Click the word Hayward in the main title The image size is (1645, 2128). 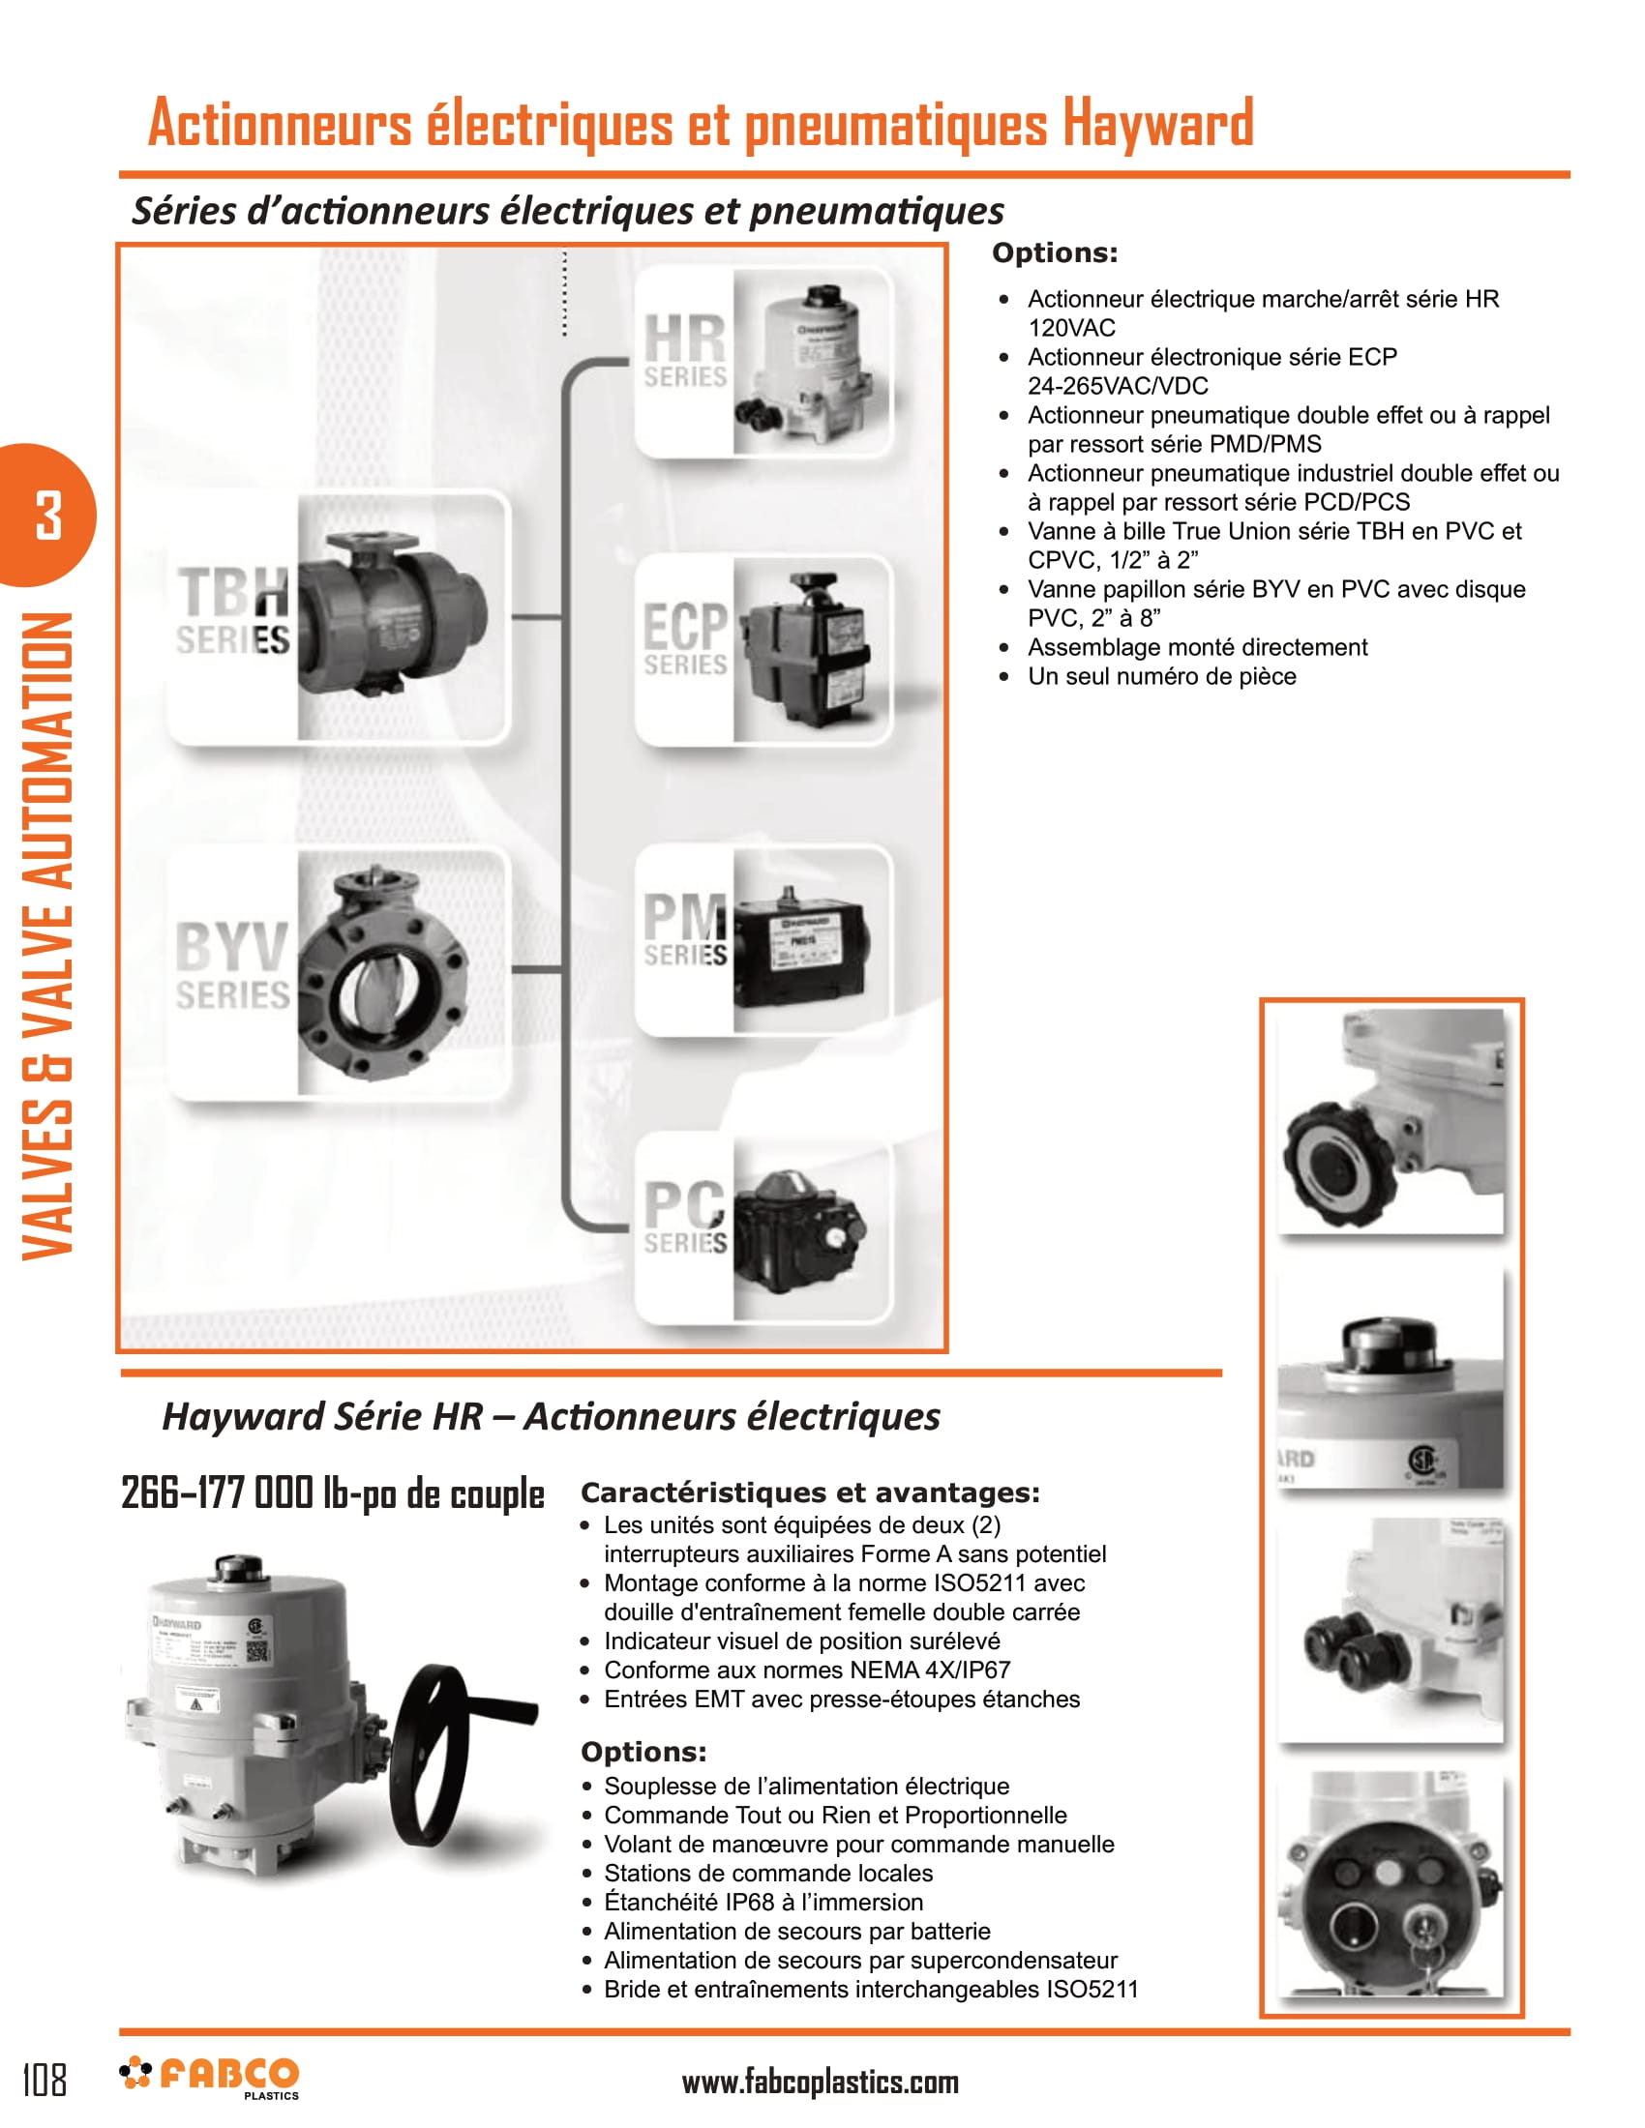tap(1156, 124)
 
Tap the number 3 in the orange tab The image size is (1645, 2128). tap(47, 516)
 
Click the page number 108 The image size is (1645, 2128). tap(45, 2080)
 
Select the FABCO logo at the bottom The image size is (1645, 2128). tap(211, 2077)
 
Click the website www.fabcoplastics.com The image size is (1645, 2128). tap(820, 2084)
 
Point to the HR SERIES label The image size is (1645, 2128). tap(685, 351)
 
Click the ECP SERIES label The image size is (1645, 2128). tap(685, 639)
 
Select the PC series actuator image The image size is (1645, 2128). tap(799, 1231)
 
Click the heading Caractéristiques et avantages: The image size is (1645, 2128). tap(810, 1492)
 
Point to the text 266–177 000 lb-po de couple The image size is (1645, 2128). tap(332, 1493)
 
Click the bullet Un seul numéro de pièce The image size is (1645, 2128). tap(1161, 676)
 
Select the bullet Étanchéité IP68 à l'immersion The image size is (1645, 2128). tap(763, 1901)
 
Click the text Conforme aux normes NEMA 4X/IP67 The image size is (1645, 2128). tap(807, 1670)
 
